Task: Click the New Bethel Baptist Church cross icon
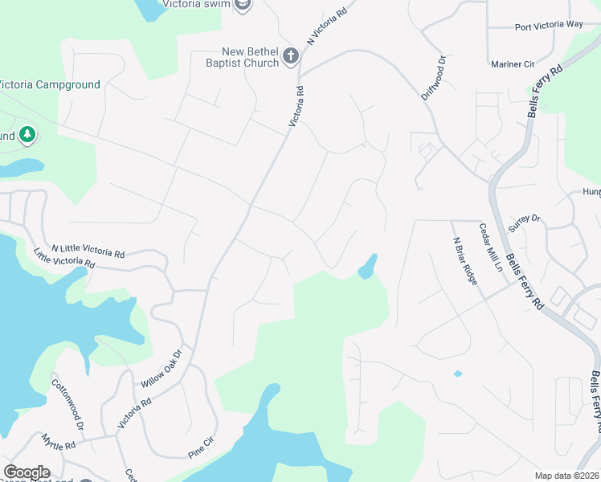click(x=291, y=56)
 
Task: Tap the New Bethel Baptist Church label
click(x=240, y=56)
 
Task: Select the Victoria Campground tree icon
click(x=28, y=135)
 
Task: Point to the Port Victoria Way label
click(x=549, y=25)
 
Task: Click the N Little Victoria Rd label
click(x=88, y=251)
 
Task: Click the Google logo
click(x=27, y=472)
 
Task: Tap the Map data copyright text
click(x=567, y=476)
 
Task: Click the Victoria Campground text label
click(x=50, y=84)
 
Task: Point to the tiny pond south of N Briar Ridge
click(x=457, y=374)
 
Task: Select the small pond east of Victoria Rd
click(x=367, y=266)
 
